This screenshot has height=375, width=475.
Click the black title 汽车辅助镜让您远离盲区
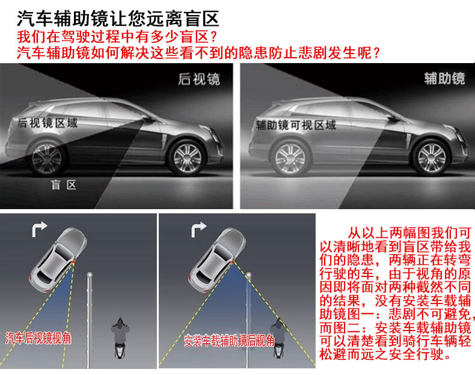pyautogui.click(x=118, y=19)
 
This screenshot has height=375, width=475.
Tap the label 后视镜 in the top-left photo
pyautogui.click(x=199, y=79)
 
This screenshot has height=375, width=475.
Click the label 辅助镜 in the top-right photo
pyautogui.click(x=444, y=78)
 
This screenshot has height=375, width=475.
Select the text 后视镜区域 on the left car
pyautogui.click(x=47, y=123)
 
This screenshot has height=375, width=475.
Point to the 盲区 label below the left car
pyautogui.click(x=64, y=184)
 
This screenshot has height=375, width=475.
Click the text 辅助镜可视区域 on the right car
pyautogui.click(x=296, y=124)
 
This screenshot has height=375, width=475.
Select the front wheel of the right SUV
pyautogui.click(x=431, y=157)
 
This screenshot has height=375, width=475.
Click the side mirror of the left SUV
pyautogui.click(x=148, y=118)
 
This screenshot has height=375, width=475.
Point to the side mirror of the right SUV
pyautogui.click(x=393, y=118)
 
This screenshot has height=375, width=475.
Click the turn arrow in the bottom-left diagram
pyautogui.click(x=40, y=229)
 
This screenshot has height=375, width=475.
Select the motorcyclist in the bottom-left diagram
pyautogui.click(x=120, y=338)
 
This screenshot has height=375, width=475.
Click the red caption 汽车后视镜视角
pyautogui.click(x=38, y=338)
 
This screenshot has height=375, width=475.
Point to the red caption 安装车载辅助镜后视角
pyautogui.click(x=229, y=341)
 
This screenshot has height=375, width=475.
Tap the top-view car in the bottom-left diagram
pyautogui.click(x=58, y=260)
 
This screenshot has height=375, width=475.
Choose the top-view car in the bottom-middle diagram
pyautogui.click(x=217, y=260)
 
